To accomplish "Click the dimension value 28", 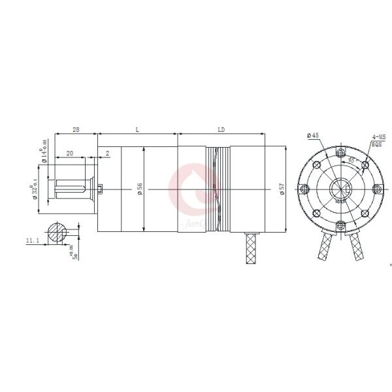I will tap(76, 129).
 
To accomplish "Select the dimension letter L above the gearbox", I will tap(137, 129).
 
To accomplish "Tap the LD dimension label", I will tap(221, 129).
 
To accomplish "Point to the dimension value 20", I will tap(69, 154).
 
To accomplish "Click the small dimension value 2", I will tap(107, 154).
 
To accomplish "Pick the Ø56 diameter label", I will tap(140, 189).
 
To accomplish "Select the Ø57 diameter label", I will tap(282, 189).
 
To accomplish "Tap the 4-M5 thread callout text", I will tap(378, 137).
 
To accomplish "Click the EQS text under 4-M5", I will tap(376, 145).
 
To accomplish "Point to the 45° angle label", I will tap(351, 159).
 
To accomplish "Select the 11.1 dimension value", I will tap(32, 241).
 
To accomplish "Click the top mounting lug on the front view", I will tap(340, 152).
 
